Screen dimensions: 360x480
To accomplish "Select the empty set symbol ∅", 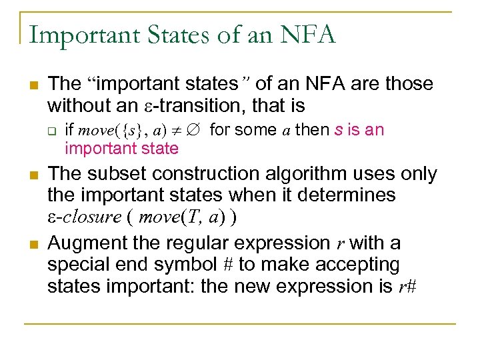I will pos(195,130).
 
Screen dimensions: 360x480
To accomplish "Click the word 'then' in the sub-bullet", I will pos(312,129).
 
